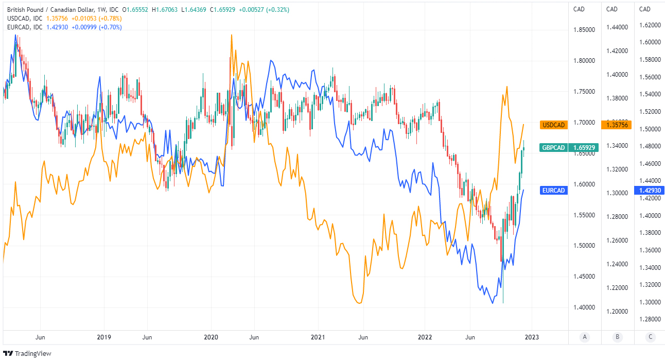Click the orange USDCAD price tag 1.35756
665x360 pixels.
coord(617,125)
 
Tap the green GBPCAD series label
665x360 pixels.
coord(554,148)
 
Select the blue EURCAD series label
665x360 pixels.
coord(554,191)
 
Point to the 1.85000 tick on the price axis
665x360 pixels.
coord(584,30)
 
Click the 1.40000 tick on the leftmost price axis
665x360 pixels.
coord(584,307)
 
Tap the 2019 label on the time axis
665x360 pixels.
coord(104,337)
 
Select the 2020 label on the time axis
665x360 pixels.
coord(211,337)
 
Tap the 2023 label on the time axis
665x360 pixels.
coord(532,337)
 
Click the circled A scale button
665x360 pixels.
coord(584,337)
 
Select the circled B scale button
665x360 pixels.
coord(617,337)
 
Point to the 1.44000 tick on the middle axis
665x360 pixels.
coord(617,27)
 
